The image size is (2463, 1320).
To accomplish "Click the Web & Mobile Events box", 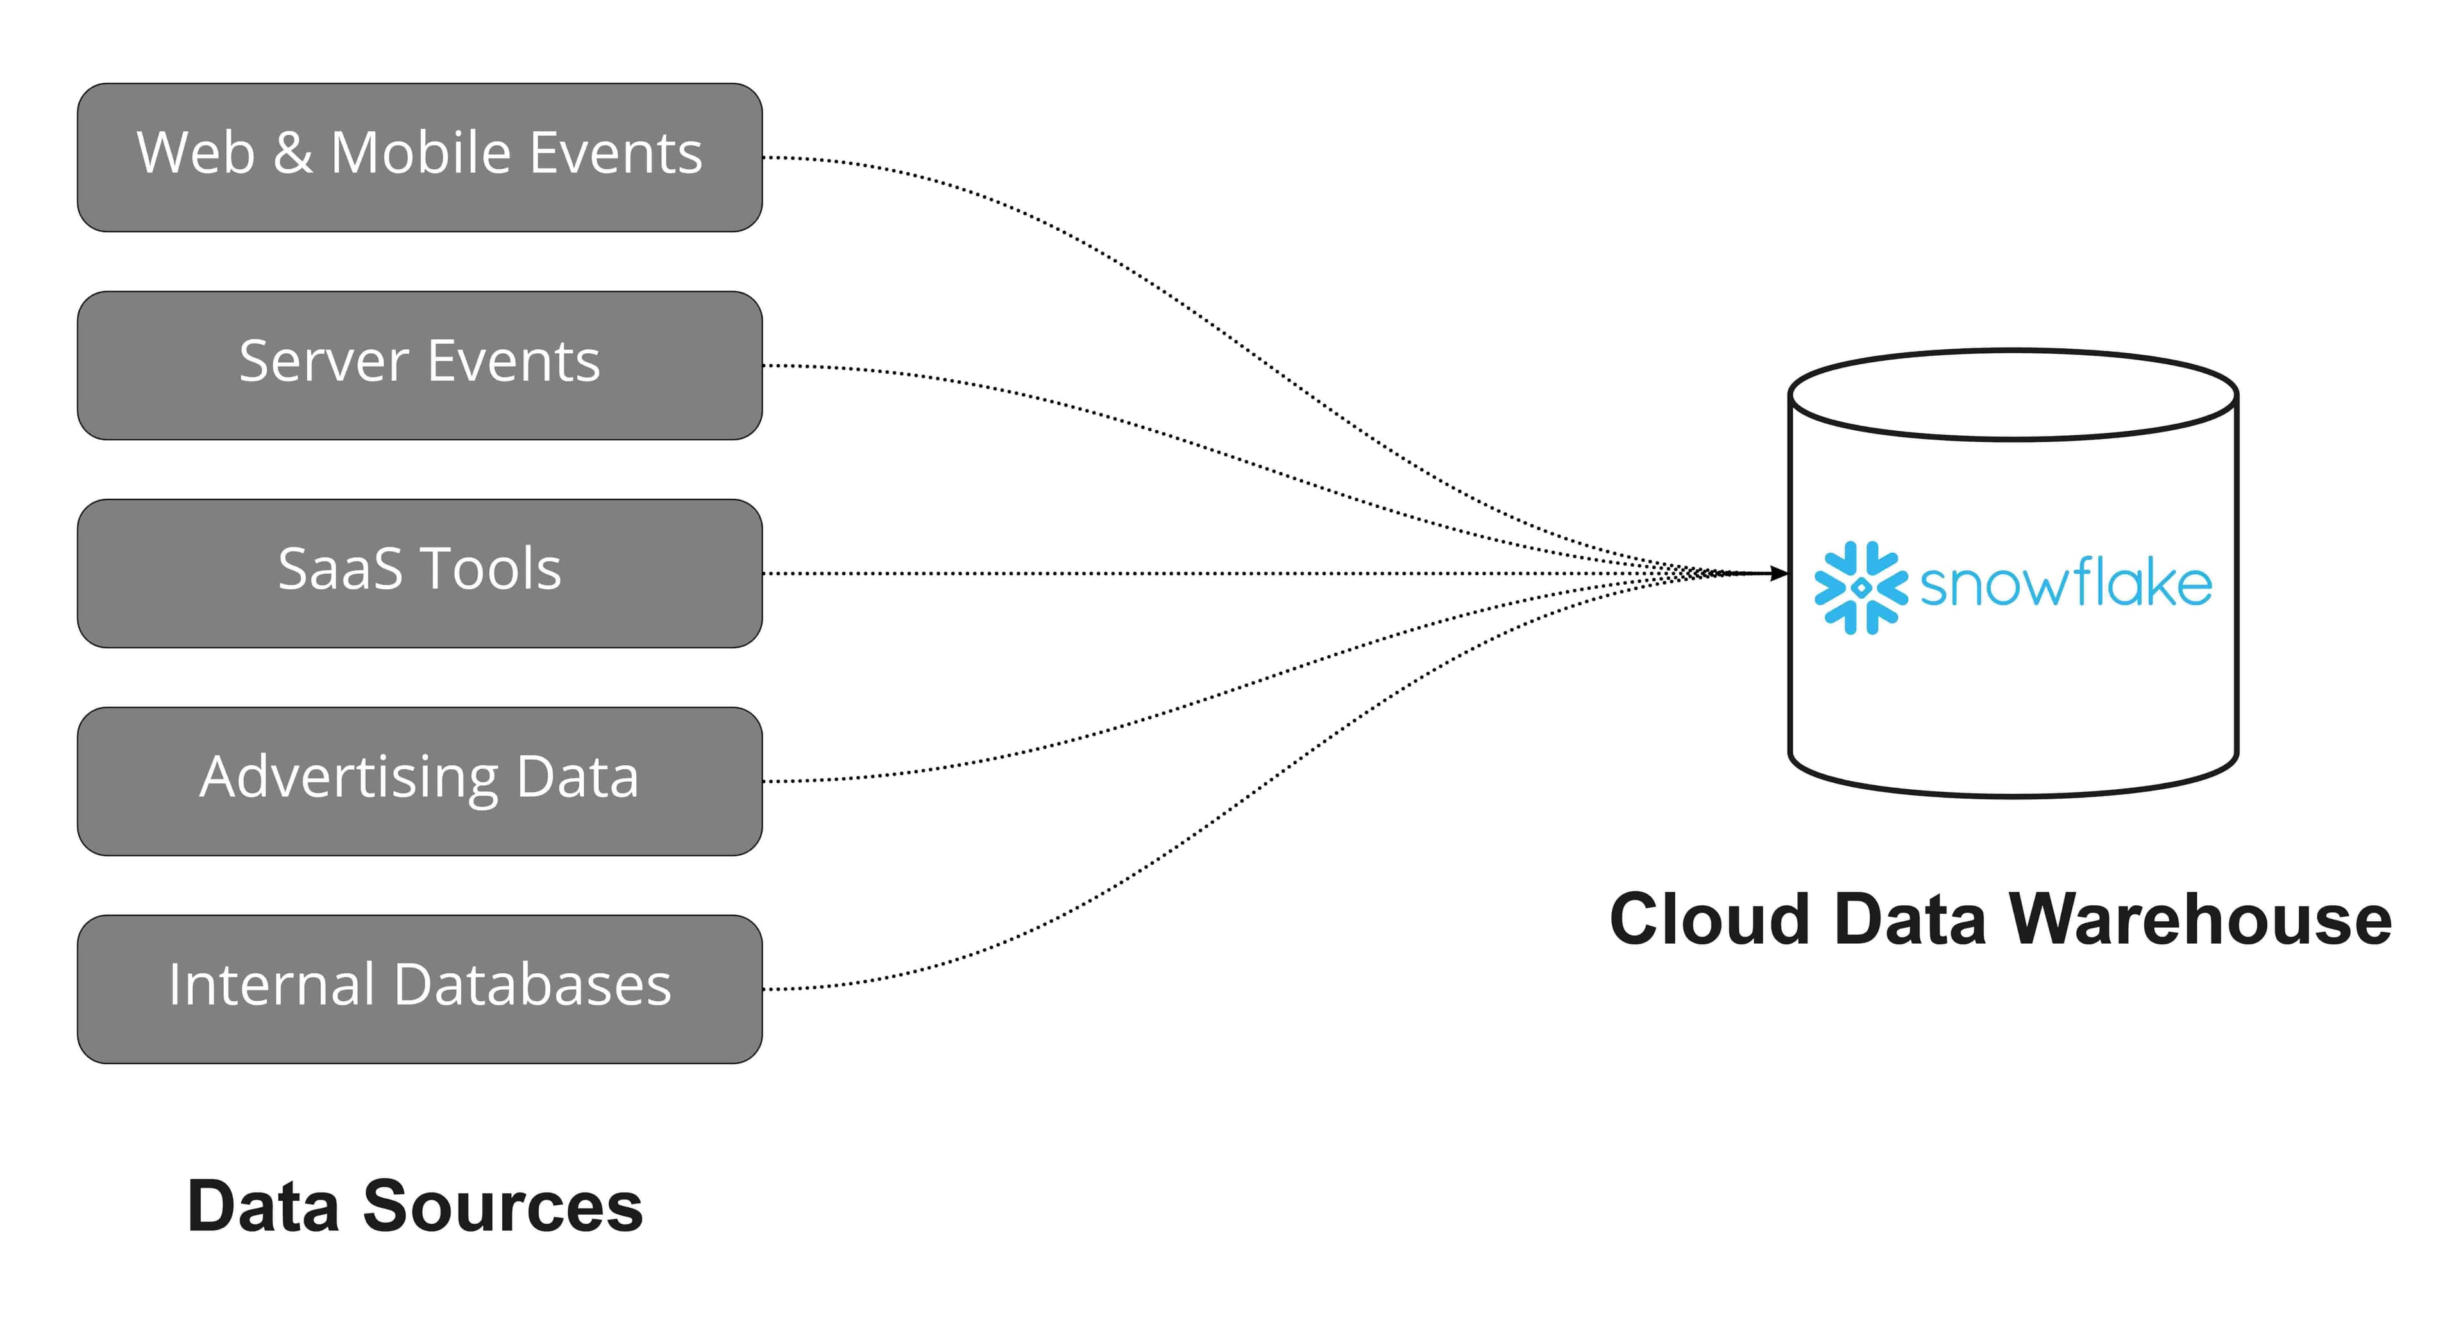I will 419,158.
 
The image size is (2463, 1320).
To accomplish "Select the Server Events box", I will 419,365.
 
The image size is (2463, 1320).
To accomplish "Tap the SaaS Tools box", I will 419,574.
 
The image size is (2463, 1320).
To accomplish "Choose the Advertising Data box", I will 419,781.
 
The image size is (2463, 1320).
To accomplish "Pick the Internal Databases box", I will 419,989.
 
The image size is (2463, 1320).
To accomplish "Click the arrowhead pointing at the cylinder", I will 1779,574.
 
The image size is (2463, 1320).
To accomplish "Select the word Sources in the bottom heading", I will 502,1207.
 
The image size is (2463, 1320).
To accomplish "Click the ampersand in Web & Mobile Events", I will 292,153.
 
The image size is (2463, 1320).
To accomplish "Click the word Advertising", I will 348,776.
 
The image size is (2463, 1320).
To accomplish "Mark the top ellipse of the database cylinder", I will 2013,394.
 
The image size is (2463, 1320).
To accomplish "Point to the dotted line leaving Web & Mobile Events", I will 956,191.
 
